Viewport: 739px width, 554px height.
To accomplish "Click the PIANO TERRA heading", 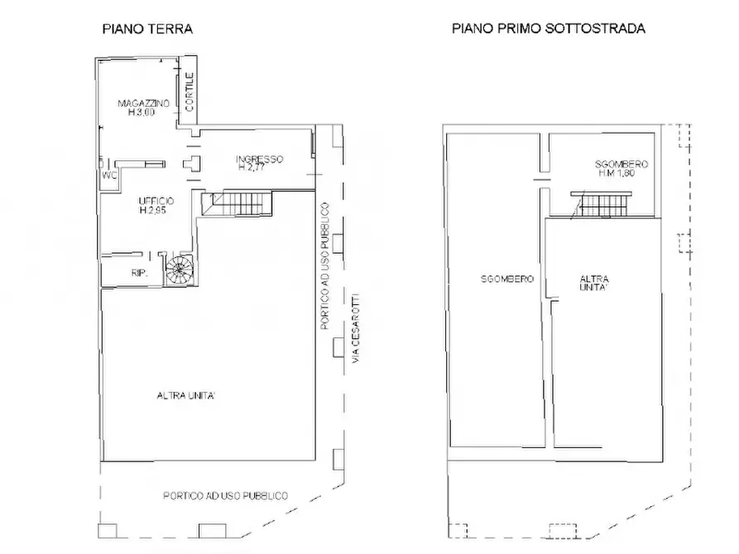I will pyautogui.click(x=147, y=28).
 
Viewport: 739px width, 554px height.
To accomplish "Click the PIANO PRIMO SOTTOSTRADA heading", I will pyautogui.click(x=548, y=28).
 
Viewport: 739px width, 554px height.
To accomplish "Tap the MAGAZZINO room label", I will pyautogui.click(x=144, y=103).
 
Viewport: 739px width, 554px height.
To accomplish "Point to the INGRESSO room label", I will pyautogui.click(x=259, y=159).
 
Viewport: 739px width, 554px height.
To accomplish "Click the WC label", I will pyautogui.click(x=108, y=176).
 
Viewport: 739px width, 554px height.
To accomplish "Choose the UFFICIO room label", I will pyautogui.click(x=156, y=202).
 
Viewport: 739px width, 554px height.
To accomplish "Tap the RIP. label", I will pyautogui.click(x=139, y=272).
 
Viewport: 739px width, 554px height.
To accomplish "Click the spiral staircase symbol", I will pyautogui.click(x=178, y=269).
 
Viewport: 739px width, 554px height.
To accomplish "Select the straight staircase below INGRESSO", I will pyautogui.click(x=239, y=203).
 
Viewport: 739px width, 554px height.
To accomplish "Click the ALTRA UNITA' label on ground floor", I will pyautogui.click(x=186, y=395).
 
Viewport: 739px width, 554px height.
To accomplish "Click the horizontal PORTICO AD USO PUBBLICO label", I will pyautogui.click(x=225, y=496).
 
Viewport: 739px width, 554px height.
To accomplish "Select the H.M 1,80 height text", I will pyautogui.click(x=621, y=174).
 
